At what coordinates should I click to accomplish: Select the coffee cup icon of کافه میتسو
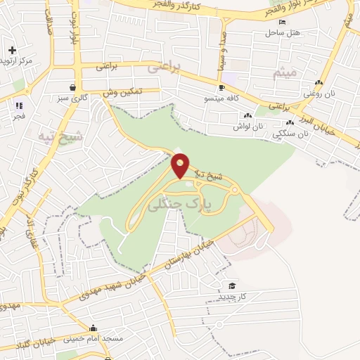pos(221,88)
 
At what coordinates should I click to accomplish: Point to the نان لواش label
pos(250,127)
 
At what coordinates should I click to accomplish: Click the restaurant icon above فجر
pos(18,106)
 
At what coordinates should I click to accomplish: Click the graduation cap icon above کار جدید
pos(232,285)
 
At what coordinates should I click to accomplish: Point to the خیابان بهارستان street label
pos(187,255)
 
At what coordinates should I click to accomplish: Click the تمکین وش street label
pos(122,91)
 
